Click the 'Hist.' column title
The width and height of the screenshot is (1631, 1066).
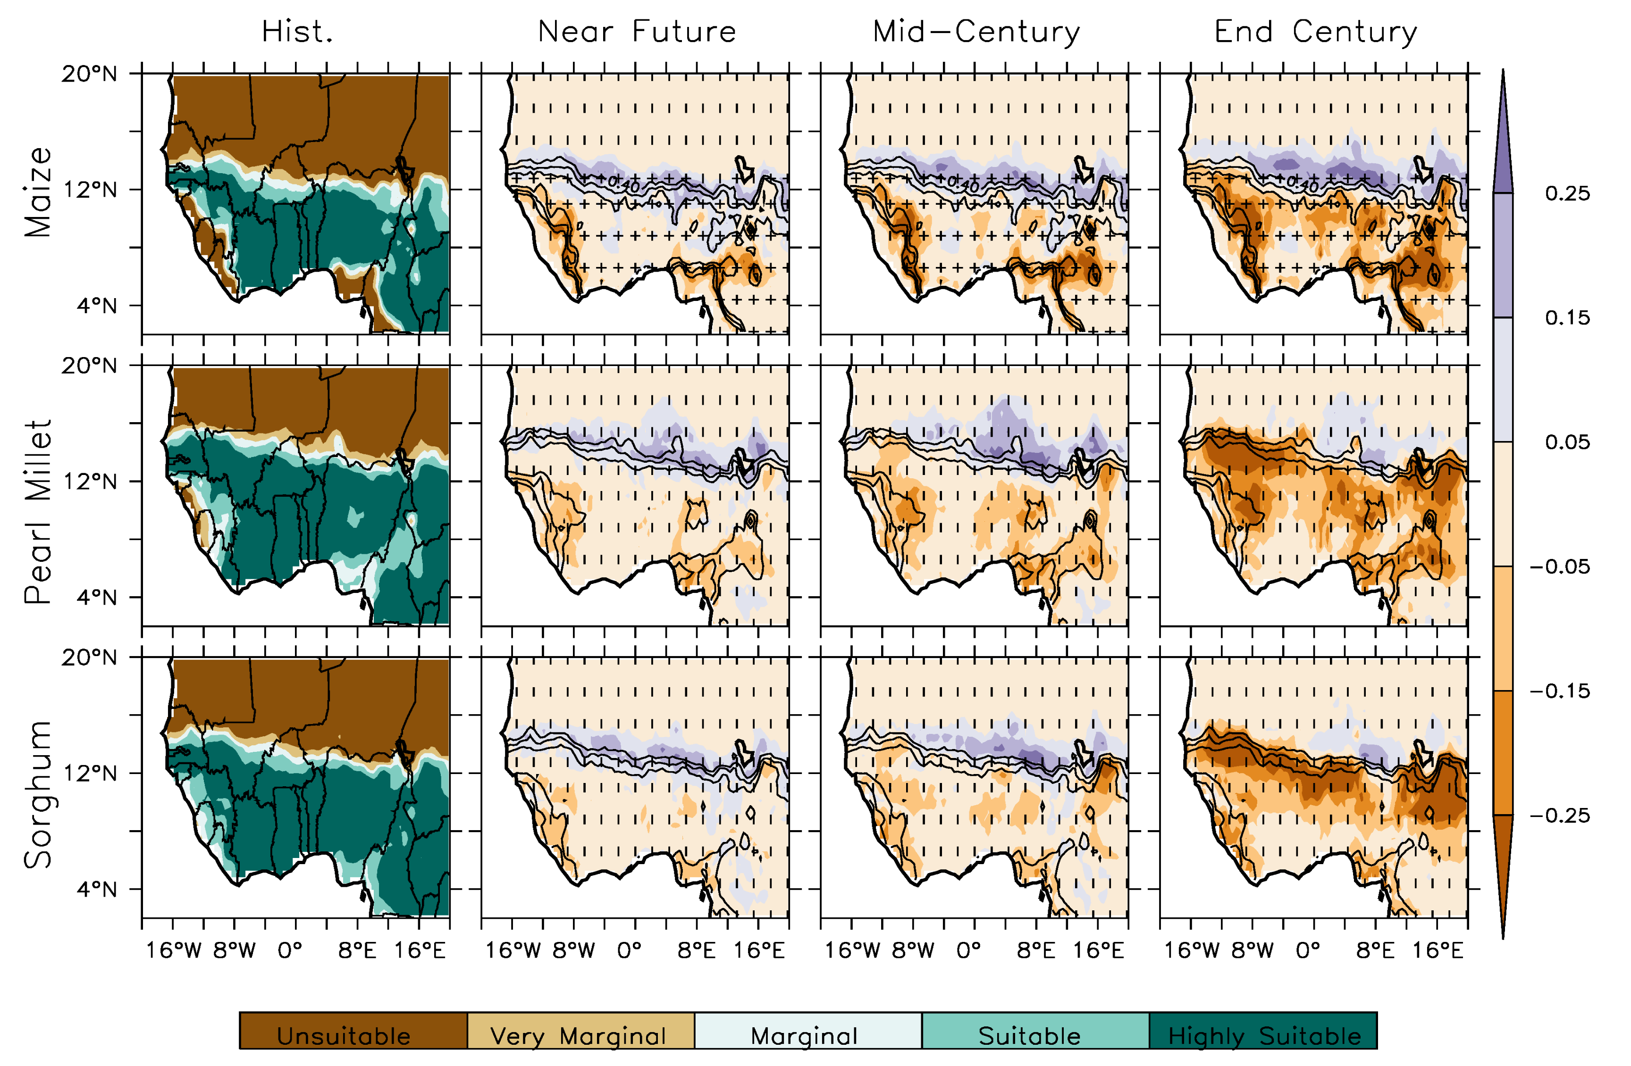pyautogui.click(x=297, y=32)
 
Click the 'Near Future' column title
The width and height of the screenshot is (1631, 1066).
pyautogui.click(x=637, y=32)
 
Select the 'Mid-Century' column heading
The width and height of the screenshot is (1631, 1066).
pyautogui.click(x=976, y=32)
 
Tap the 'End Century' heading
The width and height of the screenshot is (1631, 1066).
pyautogui.click(x=1316, y=32)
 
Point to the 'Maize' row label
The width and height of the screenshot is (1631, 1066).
pyautogui.click(x=38, y=192)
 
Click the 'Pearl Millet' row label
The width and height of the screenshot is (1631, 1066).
pyautogui.click(x=38, y=512)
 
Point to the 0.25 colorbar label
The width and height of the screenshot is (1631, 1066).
pyautogui.click(x=1567, y=193)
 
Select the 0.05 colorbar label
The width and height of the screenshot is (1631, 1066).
pyautogui.click(x=1567, y=442)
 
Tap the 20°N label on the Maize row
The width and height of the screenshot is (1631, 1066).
pyautogui.click(x=89, y=73)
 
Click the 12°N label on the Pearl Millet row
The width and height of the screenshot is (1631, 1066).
pyautogui.click(x=89, y=481)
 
